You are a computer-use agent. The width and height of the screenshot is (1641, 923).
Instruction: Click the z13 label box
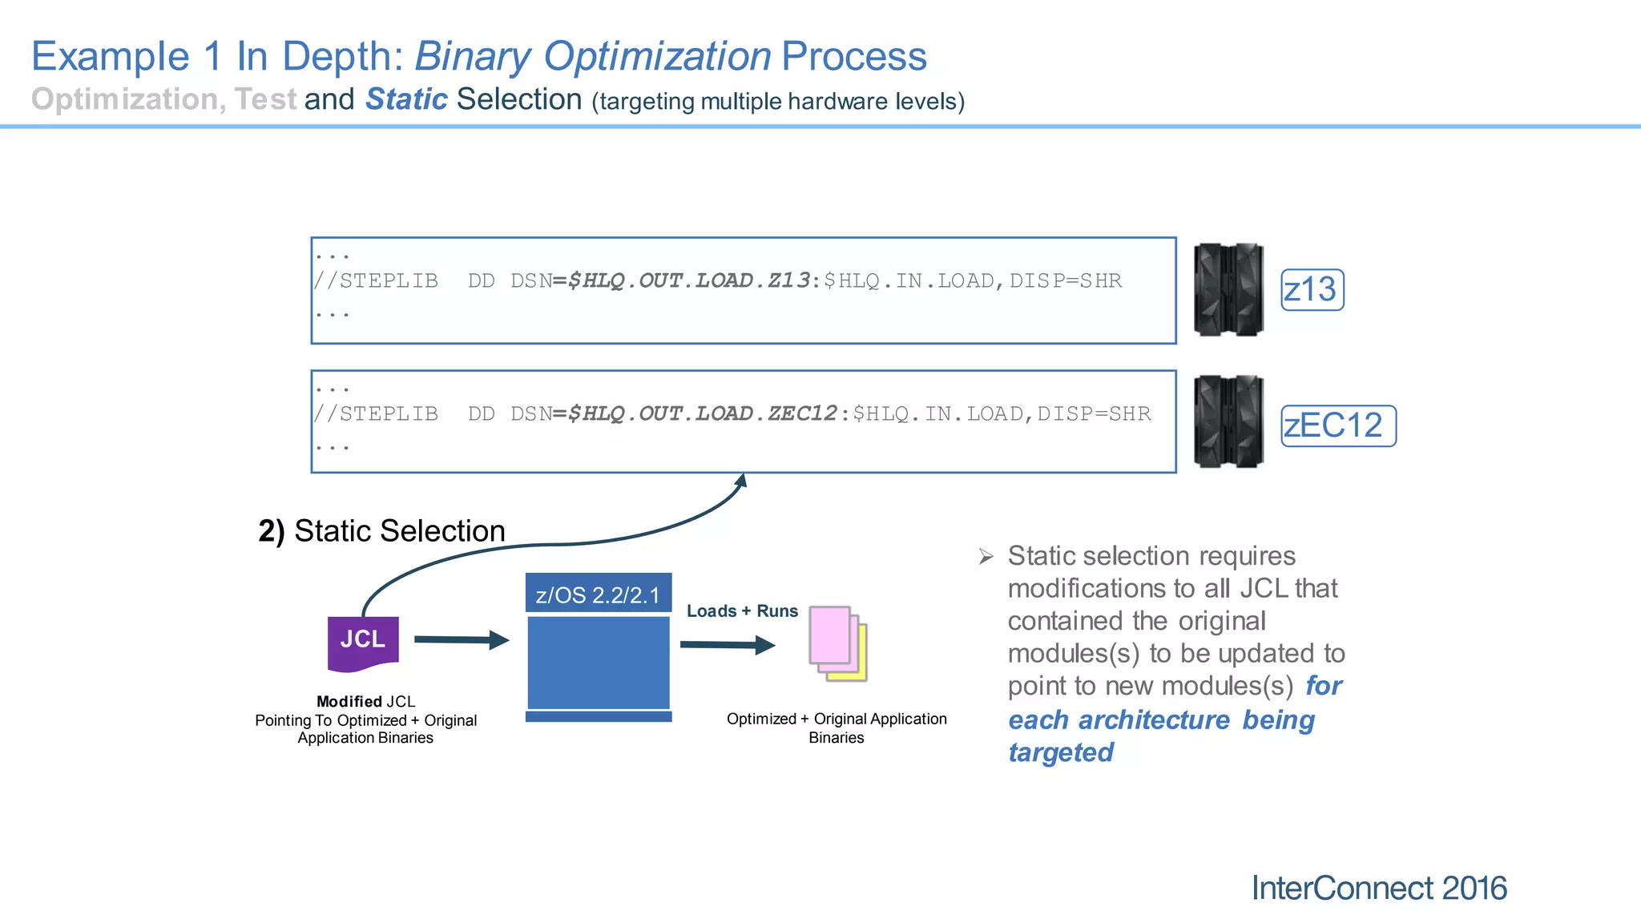[1312, 289]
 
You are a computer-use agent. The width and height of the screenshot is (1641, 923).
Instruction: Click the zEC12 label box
[1337, 425]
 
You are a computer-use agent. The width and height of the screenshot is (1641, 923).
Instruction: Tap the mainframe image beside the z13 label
[1228, 289]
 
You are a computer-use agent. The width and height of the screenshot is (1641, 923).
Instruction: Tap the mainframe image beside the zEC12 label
[1228, 421]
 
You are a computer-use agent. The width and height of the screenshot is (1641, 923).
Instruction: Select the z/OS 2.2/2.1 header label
[598, 595]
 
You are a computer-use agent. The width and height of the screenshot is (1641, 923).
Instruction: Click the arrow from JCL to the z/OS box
[462, 639]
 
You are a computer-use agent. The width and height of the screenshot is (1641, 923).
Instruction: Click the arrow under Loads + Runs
[727, 644]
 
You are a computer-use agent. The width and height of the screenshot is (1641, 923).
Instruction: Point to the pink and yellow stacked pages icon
[837, 643]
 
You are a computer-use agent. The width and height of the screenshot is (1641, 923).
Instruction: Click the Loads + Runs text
[742, 611]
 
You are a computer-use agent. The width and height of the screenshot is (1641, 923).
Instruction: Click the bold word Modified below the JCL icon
[349, 701]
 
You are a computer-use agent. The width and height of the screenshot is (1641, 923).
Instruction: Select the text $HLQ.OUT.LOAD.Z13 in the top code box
[689, 280]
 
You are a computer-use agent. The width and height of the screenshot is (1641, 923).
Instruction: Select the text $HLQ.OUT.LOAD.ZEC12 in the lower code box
[703, 413]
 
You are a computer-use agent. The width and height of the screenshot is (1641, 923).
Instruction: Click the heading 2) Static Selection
[381, 530]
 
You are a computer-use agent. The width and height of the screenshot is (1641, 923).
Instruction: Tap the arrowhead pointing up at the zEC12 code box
[742, 480]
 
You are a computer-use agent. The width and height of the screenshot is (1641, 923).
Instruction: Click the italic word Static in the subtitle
[406, 99]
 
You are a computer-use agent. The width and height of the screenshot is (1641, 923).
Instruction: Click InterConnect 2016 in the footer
[1378, 888]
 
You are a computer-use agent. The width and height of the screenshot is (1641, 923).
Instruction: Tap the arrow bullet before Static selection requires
[986, 556]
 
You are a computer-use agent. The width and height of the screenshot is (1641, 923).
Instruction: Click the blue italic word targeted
[1060, 752]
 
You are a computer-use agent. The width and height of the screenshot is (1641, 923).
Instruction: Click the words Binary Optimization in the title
[592, 56]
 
